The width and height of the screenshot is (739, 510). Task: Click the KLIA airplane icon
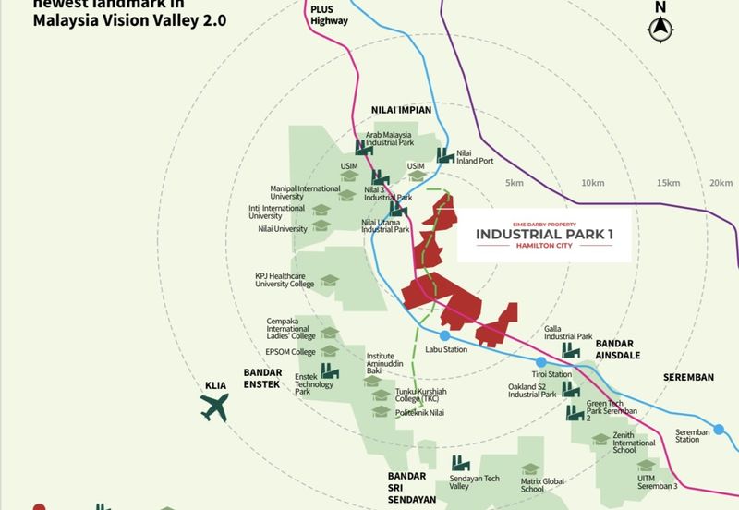(x=215, y=406)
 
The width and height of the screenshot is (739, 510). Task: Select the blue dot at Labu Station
(x=444, y=335)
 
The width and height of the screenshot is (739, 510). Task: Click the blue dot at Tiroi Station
(x=539, y=361)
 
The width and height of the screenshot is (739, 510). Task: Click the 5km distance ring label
(x=515, y=183)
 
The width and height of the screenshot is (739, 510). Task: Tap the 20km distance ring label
(x=721, y=183)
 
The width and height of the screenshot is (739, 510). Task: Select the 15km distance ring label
(x=668, y=183)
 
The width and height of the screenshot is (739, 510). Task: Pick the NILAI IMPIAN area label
(x=401, y=110)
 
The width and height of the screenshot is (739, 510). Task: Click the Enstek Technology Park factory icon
(x=330, y=372)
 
